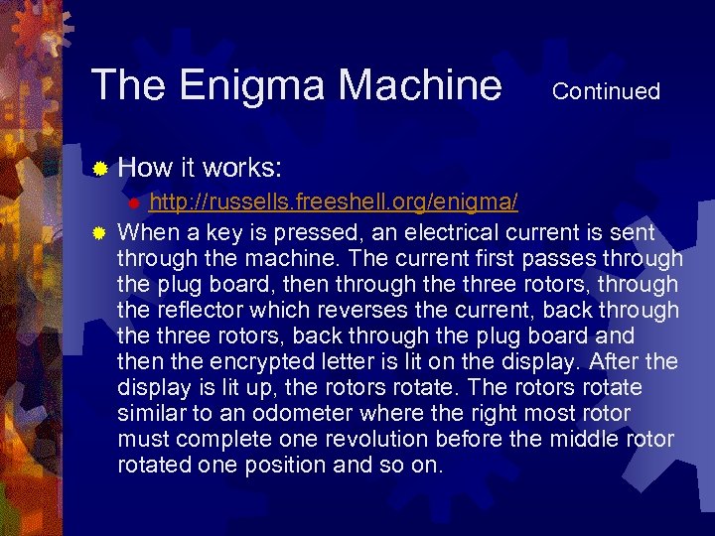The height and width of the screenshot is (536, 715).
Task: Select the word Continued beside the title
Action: [x=606, y=91]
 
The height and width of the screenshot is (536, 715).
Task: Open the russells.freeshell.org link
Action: [x=334, y=202]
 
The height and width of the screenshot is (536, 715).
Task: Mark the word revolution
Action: [x=406, y=440]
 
